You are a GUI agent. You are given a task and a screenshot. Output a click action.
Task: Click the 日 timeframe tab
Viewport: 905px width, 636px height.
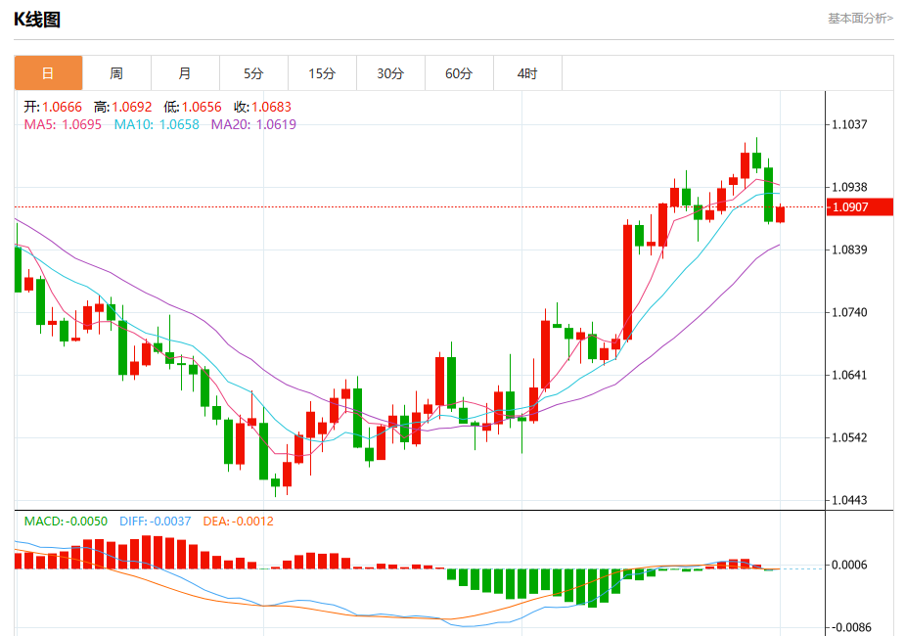[48, 73]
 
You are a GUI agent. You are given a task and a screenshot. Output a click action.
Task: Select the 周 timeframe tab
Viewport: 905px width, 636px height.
[116, 73]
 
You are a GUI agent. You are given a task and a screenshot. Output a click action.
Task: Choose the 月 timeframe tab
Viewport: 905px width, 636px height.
[185, 73]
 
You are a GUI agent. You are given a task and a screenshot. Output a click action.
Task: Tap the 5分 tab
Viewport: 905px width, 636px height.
[253, 73]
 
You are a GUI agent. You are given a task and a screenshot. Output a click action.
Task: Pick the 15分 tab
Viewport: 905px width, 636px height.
[322, 73]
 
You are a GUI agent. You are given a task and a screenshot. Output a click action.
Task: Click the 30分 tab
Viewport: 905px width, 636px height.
[390, 73]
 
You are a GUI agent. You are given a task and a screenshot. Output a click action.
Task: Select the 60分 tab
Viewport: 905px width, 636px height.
[459, 73]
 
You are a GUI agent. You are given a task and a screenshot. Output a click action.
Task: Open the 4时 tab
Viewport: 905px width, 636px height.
[527, 73]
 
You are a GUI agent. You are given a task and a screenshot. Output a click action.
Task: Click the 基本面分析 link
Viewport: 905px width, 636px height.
[860, 18]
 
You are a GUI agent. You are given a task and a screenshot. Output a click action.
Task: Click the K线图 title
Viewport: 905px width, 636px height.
[37, 19]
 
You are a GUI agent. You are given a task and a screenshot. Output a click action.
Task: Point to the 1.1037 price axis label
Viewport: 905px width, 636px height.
[849, 124]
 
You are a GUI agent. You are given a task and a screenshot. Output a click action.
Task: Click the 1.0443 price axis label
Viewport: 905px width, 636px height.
[849, 500]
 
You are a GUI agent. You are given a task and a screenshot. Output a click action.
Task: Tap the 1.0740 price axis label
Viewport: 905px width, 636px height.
[849, 312]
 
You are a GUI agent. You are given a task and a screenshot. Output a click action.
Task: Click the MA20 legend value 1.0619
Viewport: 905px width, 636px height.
[276, 124]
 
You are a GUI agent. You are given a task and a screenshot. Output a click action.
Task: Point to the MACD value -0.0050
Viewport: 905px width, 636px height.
[86, 521]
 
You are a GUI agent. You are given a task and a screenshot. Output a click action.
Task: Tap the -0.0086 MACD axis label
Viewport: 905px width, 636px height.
[849, 627]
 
